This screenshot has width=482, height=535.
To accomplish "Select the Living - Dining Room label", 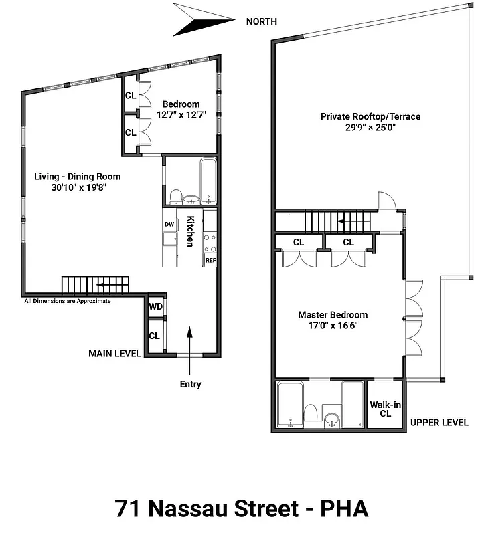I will click(x=78, y=182).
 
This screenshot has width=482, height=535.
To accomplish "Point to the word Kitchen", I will click(x=190, y=231).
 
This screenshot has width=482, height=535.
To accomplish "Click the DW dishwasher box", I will click(x=169, y=224).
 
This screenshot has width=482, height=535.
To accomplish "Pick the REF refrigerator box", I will click(x=210, y=260).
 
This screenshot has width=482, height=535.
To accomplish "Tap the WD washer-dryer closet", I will click(x=155, y=306).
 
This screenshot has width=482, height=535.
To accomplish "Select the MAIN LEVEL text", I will click(x=114, y=353).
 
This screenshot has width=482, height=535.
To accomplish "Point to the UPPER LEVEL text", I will click(x=439, y=423).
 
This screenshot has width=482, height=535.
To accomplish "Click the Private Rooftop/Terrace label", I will click(x=370, y=121).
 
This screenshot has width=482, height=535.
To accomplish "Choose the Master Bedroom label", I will click(x=333, y=320).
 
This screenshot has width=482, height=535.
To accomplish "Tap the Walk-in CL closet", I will click(x=385, y=409).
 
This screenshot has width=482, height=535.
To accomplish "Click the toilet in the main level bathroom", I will click(x=177, y=196).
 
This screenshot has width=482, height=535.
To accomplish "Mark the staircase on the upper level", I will click(x=328, y=220).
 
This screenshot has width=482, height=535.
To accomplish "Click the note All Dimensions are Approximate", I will click(x=67, y=301).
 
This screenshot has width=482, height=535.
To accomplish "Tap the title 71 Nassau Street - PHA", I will click(x=241, y=508).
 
